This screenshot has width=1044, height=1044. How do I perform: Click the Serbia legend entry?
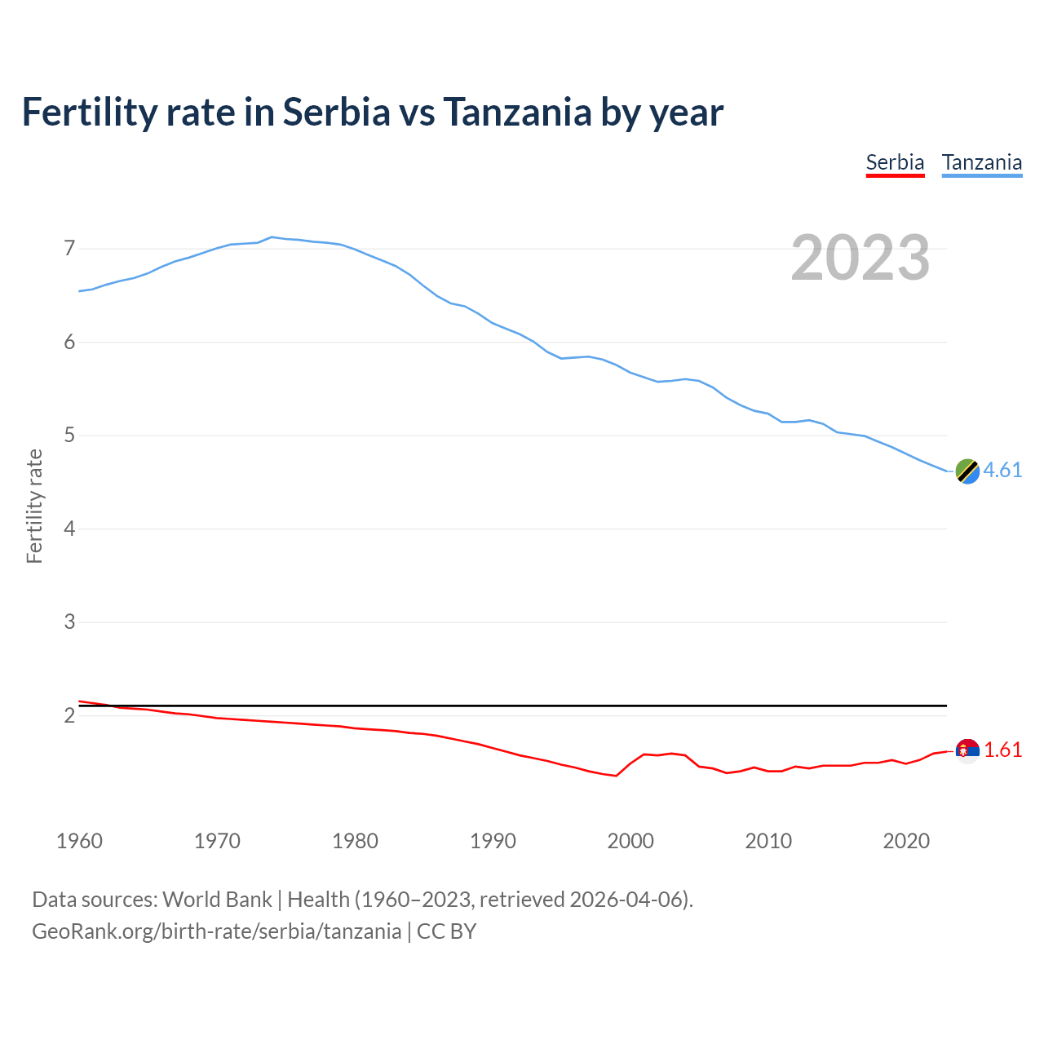(895, 163)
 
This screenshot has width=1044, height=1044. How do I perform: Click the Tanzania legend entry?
(982, 163)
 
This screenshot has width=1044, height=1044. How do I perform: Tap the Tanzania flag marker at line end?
(967, 471)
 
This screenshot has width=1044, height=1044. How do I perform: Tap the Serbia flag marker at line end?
(967, 750)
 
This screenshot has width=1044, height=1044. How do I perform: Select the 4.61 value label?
(1002, 471)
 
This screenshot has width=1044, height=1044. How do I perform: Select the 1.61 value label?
(1002, 750)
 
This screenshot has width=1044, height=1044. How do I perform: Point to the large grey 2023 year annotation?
(860, 258)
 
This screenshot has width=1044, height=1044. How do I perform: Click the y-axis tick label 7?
(69, 248)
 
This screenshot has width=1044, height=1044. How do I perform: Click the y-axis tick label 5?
(69, 436)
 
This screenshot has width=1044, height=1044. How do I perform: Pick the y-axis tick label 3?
(69, 622)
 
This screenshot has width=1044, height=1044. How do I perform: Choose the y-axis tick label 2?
(69, 716)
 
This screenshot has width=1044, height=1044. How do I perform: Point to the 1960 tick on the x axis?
(79, 841)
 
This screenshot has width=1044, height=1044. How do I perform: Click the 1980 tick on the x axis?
(355, 841)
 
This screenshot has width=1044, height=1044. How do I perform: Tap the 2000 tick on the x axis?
(630, 841)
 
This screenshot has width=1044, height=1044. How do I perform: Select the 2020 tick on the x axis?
(906, 841)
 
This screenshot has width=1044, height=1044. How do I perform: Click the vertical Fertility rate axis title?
(34, 506)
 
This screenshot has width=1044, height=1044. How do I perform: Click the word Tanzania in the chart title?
(517, 113)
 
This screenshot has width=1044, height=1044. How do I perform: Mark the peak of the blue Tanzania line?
(272, 237)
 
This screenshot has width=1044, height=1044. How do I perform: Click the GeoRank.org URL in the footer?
(216, 931)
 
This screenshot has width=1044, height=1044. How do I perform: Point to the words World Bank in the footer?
(217, 900)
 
